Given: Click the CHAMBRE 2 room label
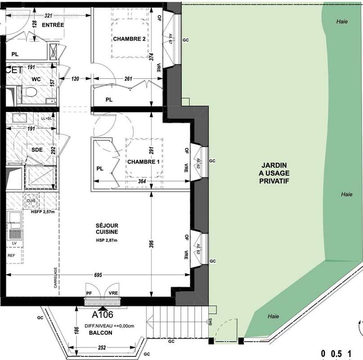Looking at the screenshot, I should click(129, 39).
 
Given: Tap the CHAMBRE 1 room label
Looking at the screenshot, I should click(143, 162).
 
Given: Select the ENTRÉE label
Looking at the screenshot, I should click(53, 25).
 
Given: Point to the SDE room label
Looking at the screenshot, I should click(37, 150).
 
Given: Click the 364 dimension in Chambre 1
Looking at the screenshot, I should click(142, 181).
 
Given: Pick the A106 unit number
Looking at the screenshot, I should click(103, 315).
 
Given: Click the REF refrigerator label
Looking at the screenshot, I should click(11, 255).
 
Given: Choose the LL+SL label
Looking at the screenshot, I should click(46, 118).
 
